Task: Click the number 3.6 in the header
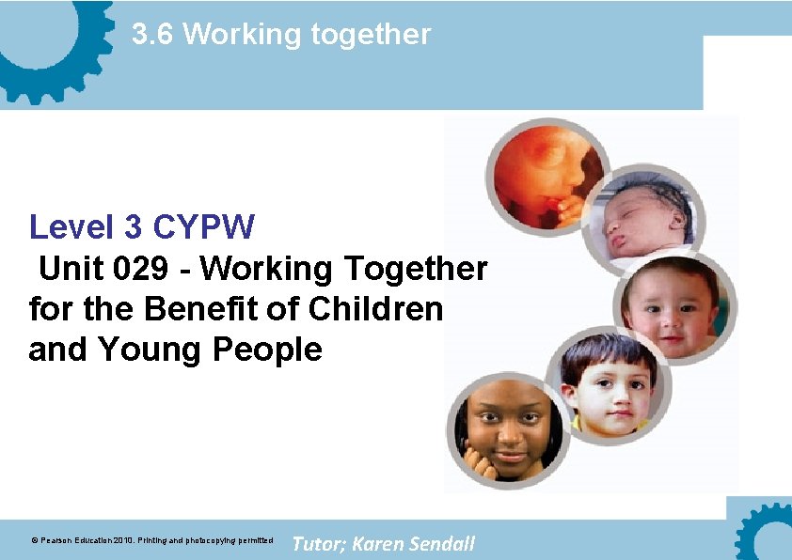(152, 35)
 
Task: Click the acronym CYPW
(203, 226)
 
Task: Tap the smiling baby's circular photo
(674, 303)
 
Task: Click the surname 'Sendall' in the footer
(443, 543)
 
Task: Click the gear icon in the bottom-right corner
(767, 534)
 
